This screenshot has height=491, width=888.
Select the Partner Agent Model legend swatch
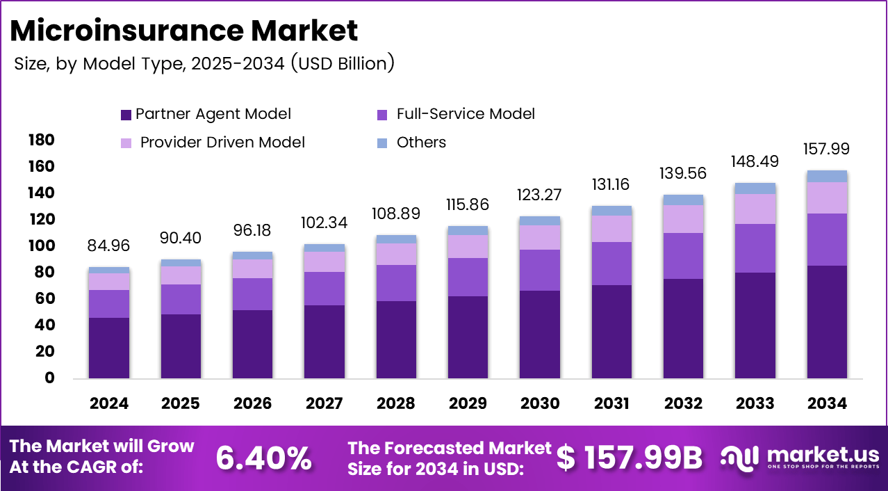click(126, 115)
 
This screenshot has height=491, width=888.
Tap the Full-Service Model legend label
click(466, 114)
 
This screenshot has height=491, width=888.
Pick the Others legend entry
click(421, 143)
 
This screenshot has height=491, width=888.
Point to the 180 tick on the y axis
click(41, 140)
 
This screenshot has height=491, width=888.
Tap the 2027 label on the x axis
click(324, 403)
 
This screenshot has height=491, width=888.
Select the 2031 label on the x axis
click(611, 403)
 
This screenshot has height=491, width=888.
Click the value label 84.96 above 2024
click(109, 245)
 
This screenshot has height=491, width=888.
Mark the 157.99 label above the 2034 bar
click(827, 149)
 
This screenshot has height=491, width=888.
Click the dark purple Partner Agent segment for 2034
click(827, 322)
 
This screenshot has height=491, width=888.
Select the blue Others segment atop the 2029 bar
click(468, 230)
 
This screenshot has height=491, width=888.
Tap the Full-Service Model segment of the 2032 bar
click(684, 256)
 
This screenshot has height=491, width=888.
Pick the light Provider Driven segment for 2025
click(181, 275)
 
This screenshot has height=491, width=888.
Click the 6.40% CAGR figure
click(263, 458)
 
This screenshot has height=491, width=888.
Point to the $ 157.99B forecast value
click(630, 458)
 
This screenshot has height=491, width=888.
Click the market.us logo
click(799, 458)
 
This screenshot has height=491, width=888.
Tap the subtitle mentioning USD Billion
click(204, 64)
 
